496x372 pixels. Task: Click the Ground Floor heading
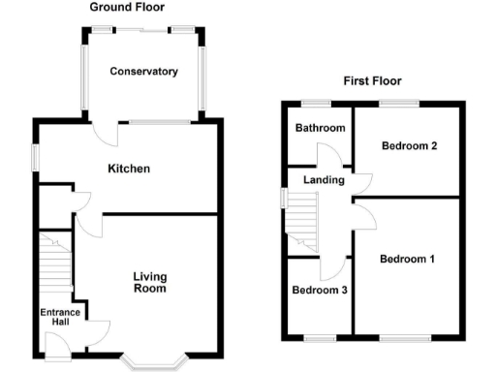pos(126,7)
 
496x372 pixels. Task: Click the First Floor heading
pos(372,81)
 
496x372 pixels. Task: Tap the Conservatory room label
pos(143,72)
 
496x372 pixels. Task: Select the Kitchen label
pos(129,169)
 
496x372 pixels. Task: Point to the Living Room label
pos(149,282)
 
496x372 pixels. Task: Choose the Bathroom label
pos(320,128)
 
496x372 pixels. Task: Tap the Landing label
pos(324,180)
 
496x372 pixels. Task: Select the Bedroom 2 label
pos(409,146)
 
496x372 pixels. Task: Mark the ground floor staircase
pos(55,262)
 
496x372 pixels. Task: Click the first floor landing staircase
pos(303,215)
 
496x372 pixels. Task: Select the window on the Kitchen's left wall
pos(34,158)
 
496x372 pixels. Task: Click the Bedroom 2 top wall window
pos(398,103)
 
